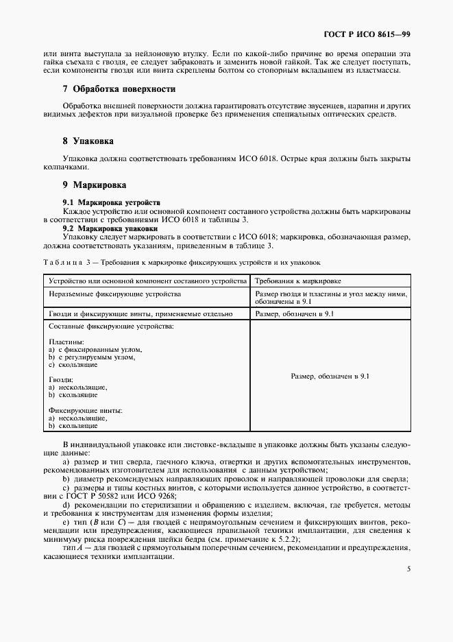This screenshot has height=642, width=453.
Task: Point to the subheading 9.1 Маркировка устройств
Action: tap(111, 203)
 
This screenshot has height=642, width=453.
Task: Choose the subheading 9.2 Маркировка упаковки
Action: tap(110, 228)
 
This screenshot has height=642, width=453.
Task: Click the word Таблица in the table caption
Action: tap(62, 262)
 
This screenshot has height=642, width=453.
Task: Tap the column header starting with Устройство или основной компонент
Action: tap(147, 281)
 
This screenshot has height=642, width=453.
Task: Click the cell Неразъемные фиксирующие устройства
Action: tap(114, 294)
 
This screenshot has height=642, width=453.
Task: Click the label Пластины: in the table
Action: tap(66, 341)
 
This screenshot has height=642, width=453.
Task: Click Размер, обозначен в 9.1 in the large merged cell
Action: tap(330, 377)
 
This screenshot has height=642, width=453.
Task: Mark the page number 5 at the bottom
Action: tap(408, 569)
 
